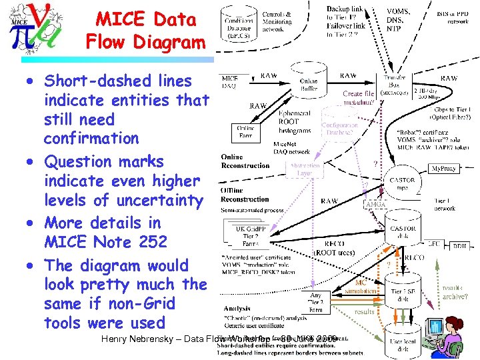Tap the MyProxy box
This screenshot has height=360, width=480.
443,169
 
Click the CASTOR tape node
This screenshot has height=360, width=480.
402,183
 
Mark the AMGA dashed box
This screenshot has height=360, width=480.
375,204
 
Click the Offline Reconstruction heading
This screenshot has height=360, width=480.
245,195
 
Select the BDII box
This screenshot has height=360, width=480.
460,245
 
